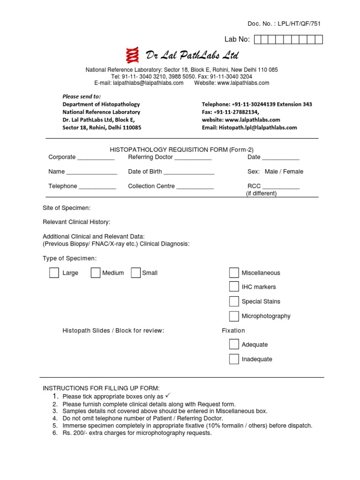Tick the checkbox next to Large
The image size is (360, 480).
point(54,273)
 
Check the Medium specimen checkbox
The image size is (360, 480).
point(95,273)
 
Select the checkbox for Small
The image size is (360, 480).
point(136,273)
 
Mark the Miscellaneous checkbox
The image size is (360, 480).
point(234,273)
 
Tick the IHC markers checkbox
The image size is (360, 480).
point(234,287)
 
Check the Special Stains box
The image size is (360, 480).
point(234,301)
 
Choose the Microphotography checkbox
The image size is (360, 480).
point(234,316)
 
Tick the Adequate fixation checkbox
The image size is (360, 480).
point(234,345)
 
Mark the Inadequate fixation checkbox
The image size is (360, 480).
point(234,359)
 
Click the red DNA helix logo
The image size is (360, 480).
point(134,55)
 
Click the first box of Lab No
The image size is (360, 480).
point(258,39)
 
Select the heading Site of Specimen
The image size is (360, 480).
point(67,208)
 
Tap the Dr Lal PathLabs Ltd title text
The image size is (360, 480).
point(192,56)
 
